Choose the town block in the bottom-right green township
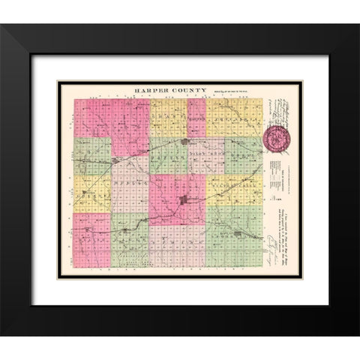pos(238,235)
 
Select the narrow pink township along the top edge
pos(196,117)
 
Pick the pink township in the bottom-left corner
pos(92,240)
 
